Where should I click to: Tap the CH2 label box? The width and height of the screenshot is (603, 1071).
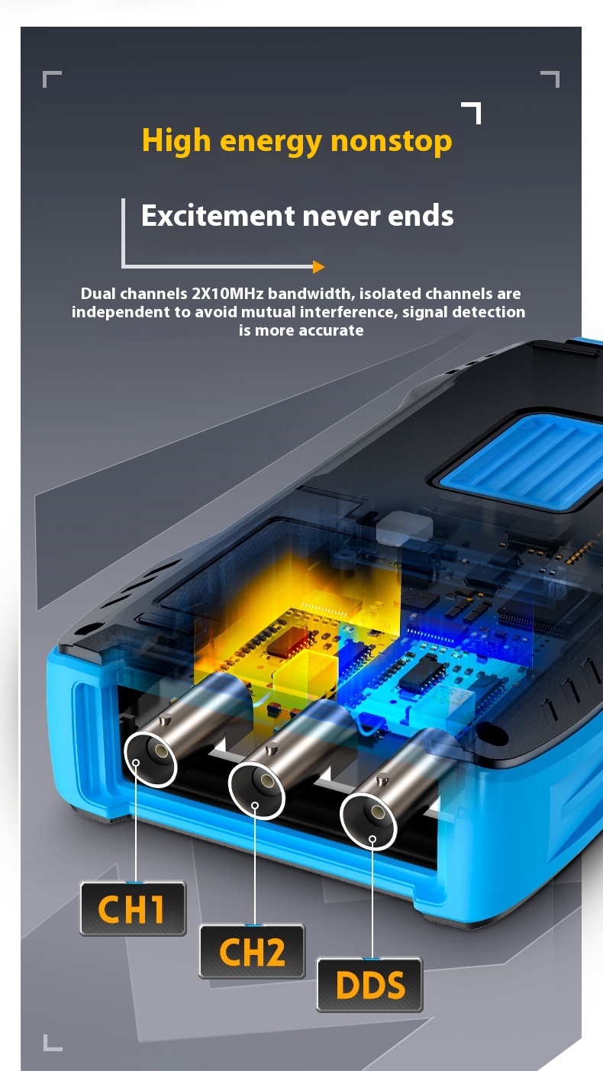(252, 951)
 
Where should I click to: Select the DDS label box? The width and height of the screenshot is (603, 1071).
(370, 985)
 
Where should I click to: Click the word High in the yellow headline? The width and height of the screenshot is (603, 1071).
(176, 141)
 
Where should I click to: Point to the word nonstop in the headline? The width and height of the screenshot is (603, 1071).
(391, 142)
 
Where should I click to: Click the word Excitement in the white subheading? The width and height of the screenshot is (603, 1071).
(218, 215)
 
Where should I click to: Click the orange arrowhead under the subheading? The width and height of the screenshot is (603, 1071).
(319, 267)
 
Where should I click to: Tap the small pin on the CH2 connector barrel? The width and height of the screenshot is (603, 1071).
(273, 749)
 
